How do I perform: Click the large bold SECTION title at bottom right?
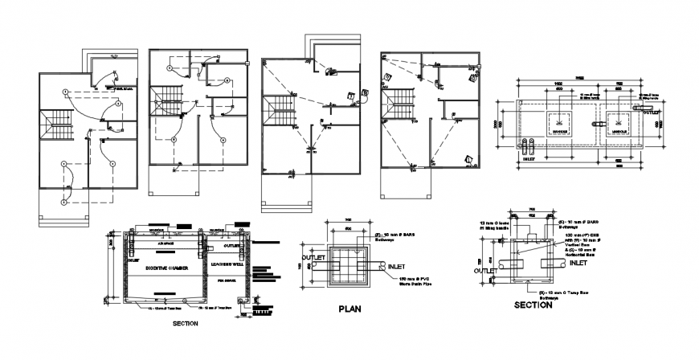coord(534,305)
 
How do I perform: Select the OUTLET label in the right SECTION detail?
coord(485,271)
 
